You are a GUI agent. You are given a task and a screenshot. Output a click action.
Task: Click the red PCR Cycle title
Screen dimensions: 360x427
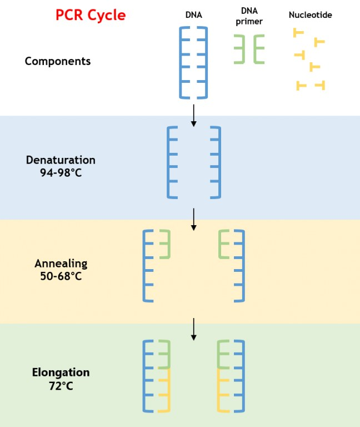click(91, 15)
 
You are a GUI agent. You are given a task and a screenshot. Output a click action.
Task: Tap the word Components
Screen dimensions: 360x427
click(58, 61)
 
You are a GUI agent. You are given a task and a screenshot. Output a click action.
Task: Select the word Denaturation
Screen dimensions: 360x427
click(61, 160)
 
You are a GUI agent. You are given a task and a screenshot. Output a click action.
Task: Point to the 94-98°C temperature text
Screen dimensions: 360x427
click(61, 173)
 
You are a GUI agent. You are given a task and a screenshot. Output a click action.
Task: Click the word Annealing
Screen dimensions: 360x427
click(61, 264)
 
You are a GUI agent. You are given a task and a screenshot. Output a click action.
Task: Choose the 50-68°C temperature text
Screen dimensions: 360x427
click(61, 276)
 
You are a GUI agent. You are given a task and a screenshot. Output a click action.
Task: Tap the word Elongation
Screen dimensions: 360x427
click(61, 373)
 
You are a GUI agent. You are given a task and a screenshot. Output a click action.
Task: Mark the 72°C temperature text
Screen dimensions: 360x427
click(61, 386)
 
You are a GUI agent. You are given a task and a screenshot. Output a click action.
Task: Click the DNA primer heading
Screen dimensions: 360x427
click(249, 16)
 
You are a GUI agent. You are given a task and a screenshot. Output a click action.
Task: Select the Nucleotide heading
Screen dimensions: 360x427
click(310, 14)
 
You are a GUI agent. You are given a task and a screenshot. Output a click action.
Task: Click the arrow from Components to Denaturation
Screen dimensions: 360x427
click(193, 116)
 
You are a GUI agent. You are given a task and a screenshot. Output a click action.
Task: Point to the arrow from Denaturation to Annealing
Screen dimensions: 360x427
click(193, 220)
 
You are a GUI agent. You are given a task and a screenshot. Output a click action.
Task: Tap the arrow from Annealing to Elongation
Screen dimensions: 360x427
click(193, 329)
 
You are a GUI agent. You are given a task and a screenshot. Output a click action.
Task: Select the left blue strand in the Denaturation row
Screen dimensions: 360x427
click(168, 162)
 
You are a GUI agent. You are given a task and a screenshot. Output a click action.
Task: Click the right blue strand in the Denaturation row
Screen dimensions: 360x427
click(219, 162)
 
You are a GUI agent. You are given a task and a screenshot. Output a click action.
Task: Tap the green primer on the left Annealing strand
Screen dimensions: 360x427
click(169, 244)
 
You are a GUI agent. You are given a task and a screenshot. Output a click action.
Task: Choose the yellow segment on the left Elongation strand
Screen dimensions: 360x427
click(169, 390)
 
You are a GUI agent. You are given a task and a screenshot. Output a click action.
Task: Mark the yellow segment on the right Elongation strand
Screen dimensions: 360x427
click(218, 390)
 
